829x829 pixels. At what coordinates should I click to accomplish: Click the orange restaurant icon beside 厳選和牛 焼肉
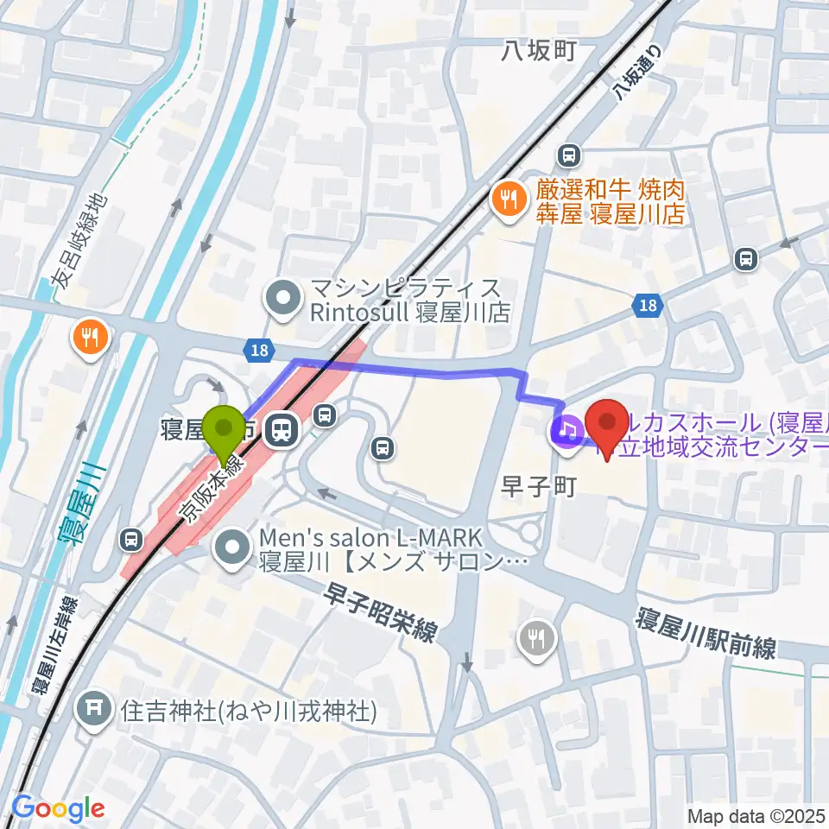click(505, 200)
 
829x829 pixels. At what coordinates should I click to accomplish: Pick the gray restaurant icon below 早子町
click(540, 640)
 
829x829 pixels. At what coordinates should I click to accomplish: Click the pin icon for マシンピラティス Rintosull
click(281, 299)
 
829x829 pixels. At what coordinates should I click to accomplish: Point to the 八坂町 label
click(539, 53)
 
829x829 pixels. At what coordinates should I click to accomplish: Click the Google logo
click(58, 808)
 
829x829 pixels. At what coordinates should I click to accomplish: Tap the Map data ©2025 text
click(755, 815)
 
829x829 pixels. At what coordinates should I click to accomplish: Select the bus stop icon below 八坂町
click(568, 155)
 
